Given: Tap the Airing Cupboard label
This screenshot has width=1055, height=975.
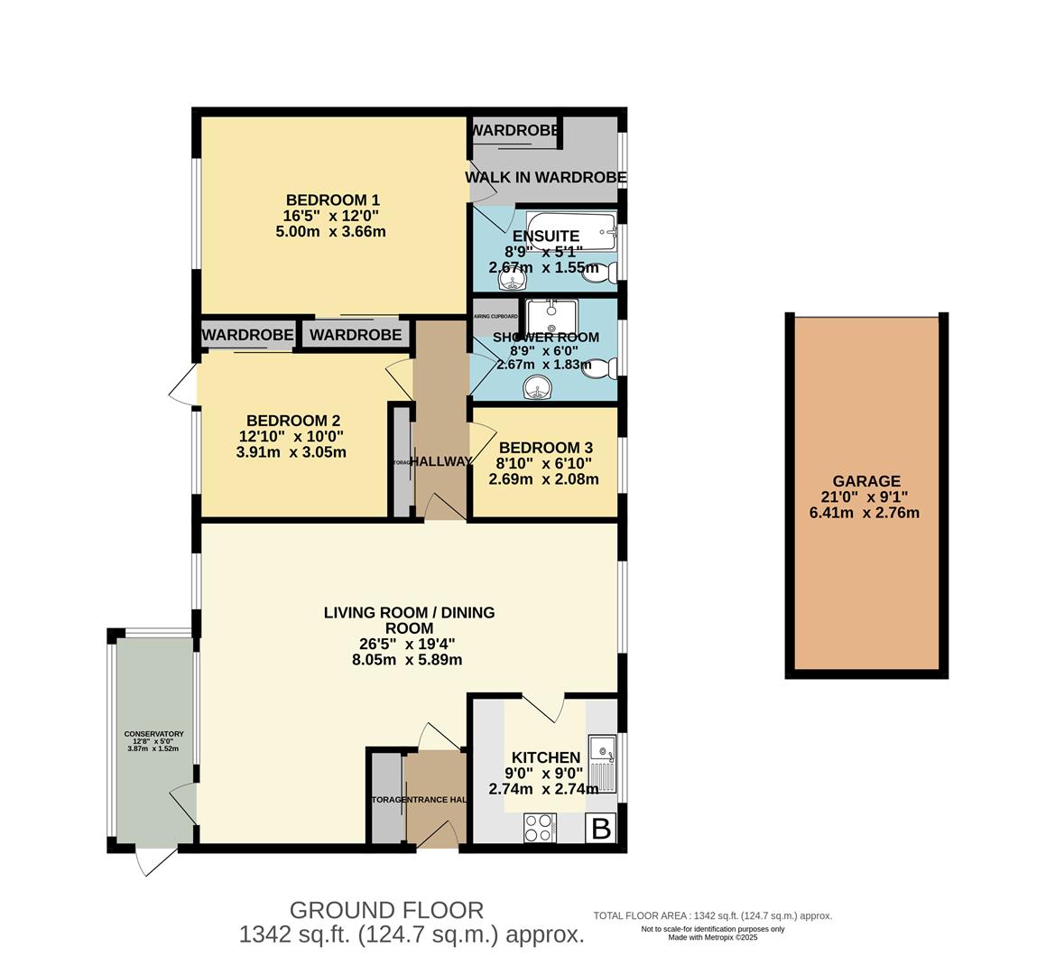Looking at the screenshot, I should coord(495,317).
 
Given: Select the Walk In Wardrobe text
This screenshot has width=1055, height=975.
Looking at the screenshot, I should coord(545,178).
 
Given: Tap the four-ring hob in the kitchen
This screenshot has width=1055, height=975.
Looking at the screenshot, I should coord(540,827).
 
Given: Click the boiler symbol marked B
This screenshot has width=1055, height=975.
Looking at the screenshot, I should coord(601,828).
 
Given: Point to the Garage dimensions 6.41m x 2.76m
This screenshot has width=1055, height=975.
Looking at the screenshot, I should coord(865,514).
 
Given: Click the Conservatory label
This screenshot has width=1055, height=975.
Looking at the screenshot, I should coord(153,734).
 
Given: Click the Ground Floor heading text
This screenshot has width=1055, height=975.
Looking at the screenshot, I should coord(386,910).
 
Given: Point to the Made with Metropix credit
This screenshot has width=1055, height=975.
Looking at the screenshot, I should coord(712,937).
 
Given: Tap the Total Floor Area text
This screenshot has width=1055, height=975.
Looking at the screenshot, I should coord(712,915).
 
